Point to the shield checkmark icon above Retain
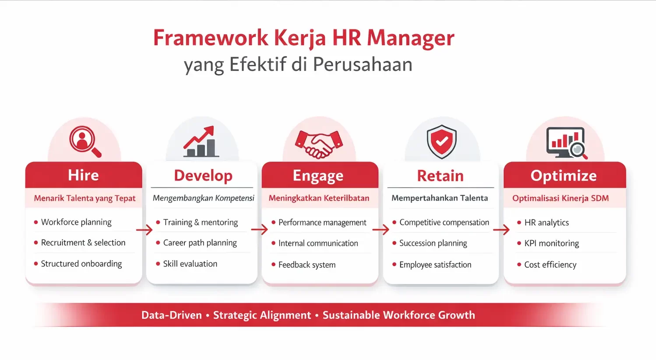[x=441, y=141]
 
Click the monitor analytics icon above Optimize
[x=566, y=143]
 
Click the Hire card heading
[x=83, y=175]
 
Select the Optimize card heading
[x=564, y=176]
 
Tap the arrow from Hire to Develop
[x=144, y=229]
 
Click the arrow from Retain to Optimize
[x=501, y=229]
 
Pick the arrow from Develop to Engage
[x=259, y=229]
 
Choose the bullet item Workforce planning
[x=76, y=222]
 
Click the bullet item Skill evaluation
[x=190, y=264]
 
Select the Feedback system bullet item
[x=307, y=265]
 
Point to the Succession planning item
[x=433, y=243]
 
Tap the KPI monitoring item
[x=551, y=243]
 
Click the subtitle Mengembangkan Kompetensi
[x=203, y=198]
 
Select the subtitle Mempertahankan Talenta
[x=439, y=198]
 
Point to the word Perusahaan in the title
[x=362, y=64]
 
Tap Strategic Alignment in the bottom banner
[x=262, y=315]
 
